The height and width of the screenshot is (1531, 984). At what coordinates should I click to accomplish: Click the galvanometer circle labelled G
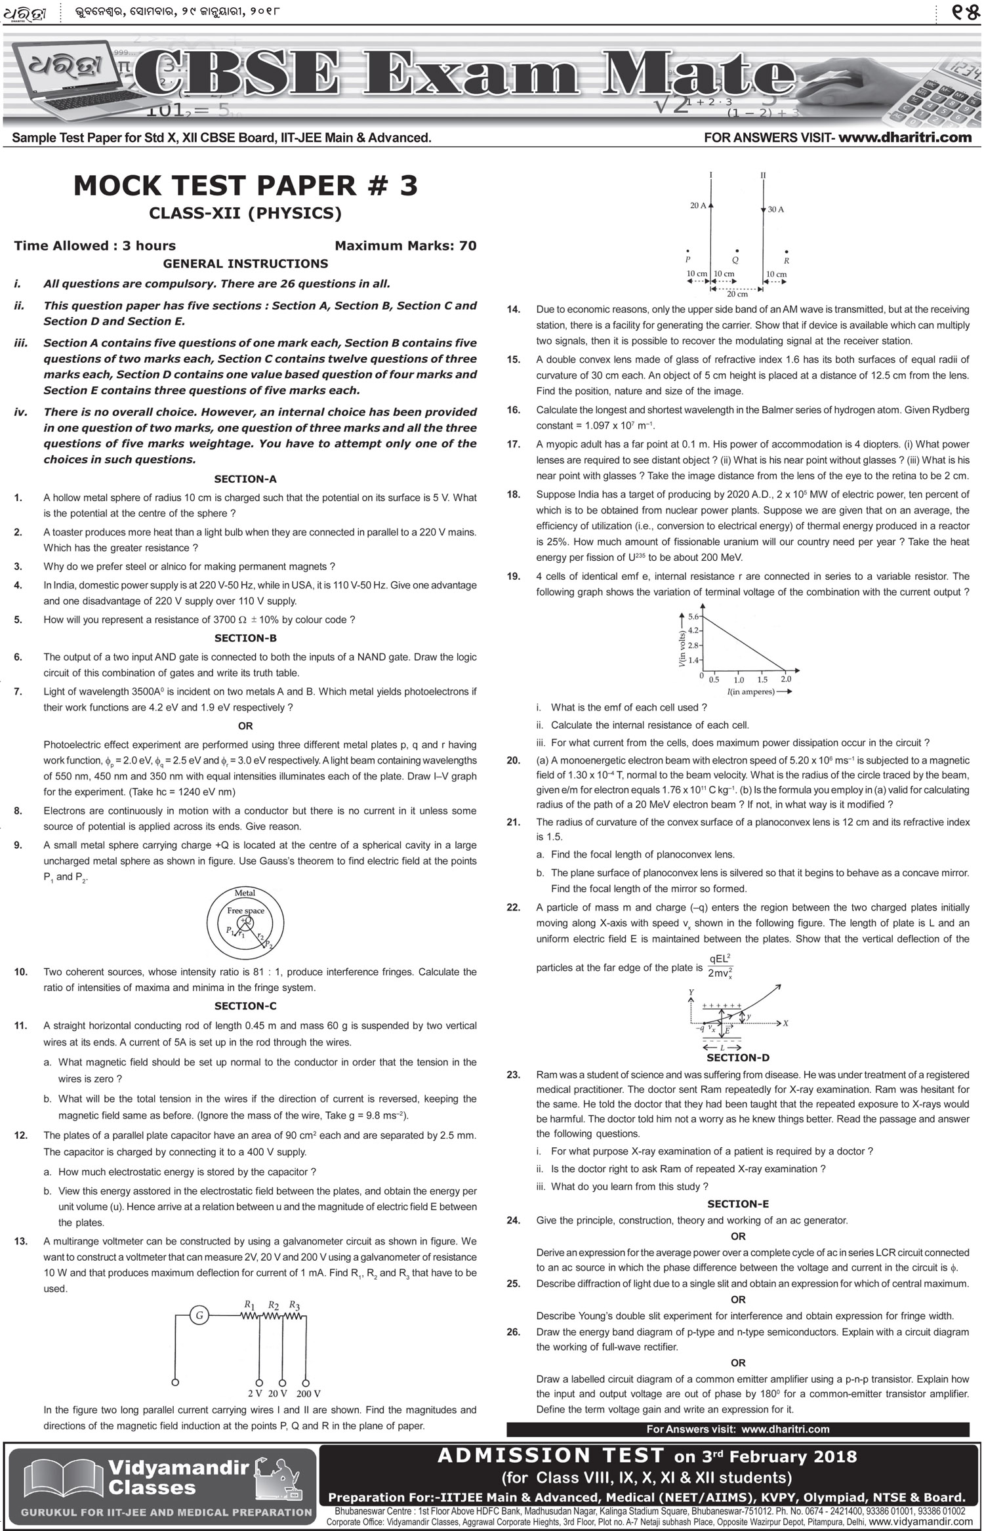[x=199, y=1315]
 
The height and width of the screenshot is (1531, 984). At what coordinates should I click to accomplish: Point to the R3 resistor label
[x=295, y=1305]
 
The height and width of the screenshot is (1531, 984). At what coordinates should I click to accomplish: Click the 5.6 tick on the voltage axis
[x=693, y=617]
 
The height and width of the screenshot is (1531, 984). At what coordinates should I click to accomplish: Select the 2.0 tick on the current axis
[x=786, y=680]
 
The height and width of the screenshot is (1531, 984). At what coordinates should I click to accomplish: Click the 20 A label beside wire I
[x=698, y=206]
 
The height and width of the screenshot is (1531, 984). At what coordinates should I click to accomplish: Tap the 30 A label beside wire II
[x=776, y=210]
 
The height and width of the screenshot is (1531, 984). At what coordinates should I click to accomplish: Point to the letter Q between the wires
[x=736, y=260]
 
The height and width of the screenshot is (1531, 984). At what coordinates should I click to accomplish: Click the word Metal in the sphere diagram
[x=245, y=893]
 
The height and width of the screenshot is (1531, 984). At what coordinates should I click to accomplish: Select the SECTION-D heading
[x=738, y=1057]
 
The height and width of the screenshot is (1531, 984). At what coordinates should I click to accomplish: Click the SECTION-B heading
[x=245, y=638]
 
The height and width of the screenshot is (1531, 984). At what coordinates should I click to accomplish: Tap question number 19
[x=513, y=577]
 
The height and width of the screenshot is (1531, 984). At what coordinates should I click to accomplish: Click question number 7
[x=18, y=691]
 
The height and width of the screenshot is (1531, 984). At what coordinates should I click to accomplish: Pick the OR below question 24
[x=738, y=1236]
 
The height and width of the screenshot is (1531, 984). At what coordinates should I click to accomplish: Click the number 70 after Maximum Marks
[x=468, y=246]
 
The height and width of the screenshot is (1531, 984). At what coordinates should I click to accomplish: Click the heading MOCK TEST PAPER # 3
[x=245, y=186]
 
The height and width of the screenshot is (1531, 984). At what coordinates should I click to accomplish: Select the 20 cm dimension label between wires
[x=737, y=295]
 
